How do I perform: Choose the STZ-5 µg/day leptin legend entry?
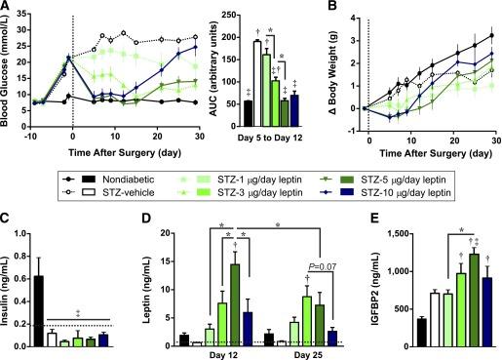(x=382, y=170)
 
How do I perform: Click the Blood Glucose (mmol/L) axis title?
(x=10, y=68)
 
